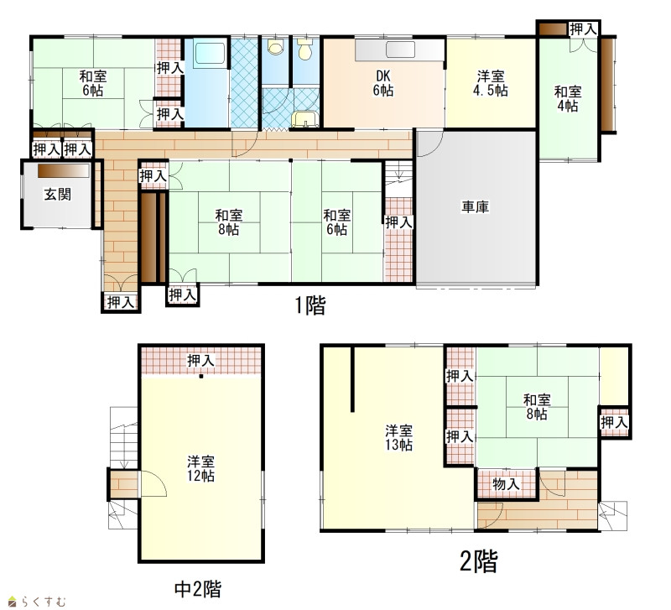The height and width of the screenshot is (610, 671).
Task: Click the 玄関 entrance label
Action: click(x=57, y=195)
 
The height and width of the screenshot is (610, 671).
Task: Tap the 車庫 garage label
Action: click(x=475, y=207)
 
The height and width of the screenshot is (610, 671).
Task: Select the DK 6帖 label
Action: click(x=383, y=83)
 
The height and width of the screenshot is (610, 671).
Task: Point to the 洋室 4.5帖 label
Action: click(x=491, y=83)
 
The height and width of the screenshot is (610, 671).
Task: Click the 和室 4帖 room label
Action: click(x=568, y=98)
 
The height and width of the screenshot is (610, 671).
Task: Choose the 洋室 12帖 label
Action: click(x=200, y=469)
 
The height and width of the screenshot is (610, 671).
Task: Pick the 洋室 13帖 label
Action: click(x=398, y=437)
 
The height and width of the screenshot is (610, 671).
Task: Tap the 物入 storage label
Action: click(x=506, y=484)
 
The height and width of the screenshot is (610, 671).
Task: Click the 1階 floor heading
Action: click(x=310, y=305)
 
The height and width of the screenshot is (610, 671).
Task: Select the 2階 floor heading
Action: click(x=479, y=561)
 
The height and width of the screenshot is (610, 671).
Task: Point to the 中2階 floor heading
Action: click(x=198, y=589)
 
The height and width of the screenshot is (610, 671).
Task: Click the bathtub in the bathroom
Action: click(x=209, y=55)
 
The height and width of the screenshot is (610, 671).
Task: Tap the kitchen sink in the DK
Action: click(x=401, y=50)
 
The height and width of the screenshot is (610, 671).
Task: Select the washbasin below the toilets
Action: click(x=304, y=118)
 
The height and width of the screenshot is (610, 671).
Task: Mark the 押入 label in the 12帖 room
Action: click(x=200, y=361)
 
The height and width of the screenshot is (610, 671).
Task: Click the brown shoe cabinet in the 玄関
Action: click(x=64, y=171)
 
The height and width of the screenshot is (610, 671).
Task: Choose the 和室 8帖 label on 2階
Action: click(x=537, y=407)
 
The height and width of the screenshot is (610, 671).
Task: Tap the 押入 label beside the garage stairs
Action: click(x=398, y=222)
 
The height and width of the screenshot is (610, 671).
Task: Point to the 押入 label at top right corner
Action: click(x=583, y=29)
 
